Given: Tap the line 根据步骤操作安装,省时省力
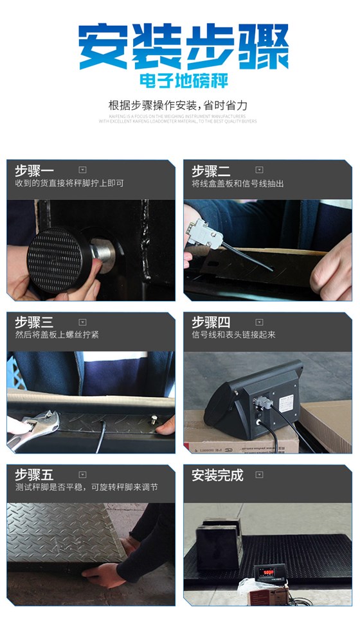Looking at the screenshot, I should coord(178,105).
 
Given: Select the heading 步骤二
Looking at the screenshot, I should coord(210,171).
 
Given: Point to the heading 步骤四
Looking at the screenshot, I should coord(210,322).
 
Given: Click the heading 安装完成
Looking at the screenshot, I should coord(217,475).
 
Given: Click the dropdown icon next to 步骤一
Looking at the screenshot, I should coord(82,170).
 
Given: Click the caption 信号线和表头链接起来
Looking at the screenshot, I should coord(233,335).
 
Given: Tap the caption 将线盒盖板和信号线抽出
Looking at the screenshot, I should coord(237,184).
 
